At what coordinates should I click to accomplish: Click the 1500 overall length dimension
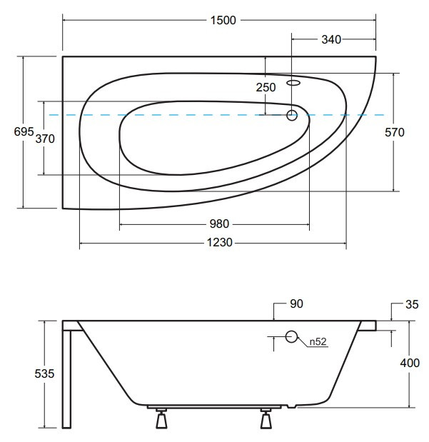(x=223, y=20)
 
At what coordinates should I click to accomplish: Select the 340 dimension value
(x=331, y=39)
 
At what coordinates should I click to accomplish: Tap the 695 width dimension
(x=24, y=131)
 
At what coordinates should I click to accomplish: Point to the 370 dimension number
(x=45, y=139)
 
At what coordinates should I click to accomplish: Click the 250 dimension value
(x=266, y=87)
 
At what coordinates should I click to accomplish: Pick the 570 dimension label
(x=395, y=132)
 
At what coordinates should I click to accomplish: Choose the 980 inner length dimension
(x=219, y=224)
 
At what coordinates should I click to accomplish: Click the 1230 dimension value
(x=220, y=243)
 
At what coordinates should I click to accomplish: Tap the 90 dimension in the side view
(x=296, y=304)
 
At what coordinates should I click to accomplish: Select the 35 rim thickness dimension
(x=412, y=304)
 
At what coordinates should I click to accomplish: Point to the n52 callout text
(x=318, y=341)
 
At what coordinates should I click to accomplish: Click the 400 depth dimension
(x=410, y=363)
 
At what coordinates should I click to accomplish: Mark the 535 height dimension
(x=44, y=373)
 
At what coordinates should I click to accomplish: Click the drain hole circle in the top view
(x=292, y=115)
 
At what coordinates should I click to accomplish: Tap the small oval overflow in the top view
(x=293, y=83)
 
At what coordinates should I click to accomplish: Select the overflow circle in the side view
(x=291, y=336)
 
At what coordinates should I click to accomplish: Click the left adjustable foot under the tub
(x=161, y=418)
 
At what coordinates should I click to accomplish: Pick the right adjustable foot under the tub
(x=266, y=418)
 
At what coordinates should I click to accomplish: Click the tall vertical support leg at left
(x=67, y=379)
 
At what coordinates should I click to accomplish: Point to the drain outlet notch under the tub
(x=292, y=406)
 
